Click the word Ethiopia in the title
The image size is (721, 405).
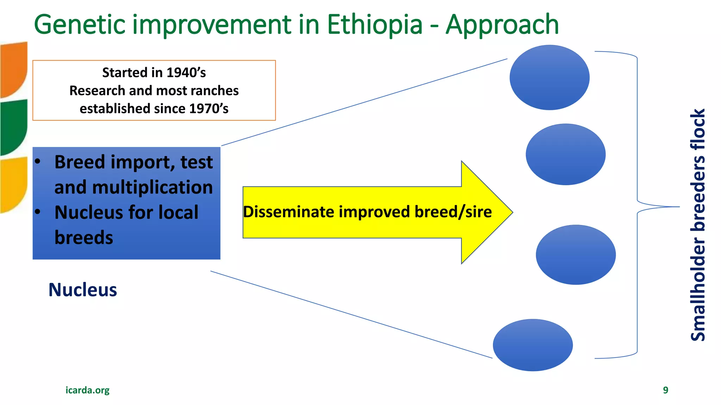(375, 25)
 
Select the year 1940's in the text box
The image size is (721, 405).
(186, 72)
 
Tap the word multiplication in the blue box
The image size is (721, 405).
(152, 187)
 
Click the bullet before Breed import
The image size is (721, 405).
(38, 162)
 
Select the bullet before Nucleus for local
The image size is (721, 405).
(38, 212)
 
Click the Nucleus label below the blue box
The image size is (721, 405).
(82, 290)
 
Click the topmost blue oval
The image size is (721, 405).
(549, 77)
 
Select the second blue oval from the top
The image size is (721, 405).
(565, 154)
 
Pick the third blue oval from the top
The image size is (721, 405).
(576, 255)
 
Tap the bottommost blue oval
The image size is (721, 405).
(533, 345)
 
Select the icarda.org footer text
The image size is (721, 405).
(87, 390)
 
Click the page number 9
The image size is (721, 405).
(665, 390)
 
